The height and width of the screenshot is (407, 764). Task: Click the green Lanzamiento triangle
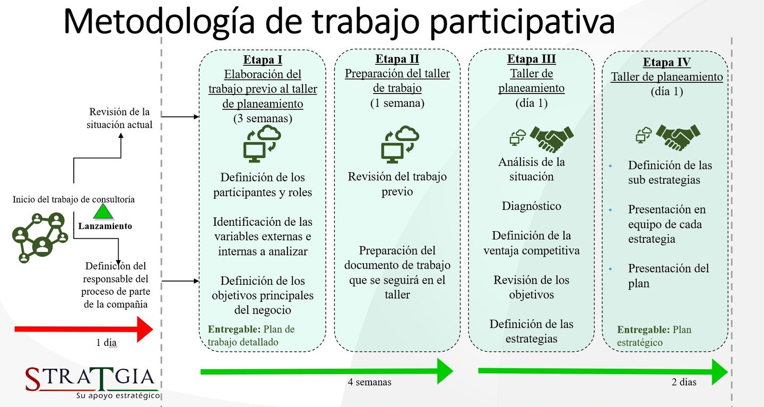coord(104,212)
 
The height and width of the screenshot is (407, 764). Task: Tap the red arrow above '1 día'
coord(83,329)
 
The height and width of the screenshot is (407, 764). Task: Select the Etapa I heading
coord(263,59)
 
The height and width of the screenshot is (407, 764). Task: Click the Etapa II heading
coord(397,59)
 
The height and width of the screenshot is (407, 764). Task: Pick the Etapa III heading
coord(531,59)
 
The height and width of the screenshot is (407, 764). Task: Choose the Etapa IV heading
coord(667,62)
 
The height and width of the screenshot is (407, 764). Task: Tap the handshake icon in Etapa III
coord(552,139)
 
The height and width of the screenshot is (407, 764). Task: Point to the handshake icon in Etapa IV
coord(678,137)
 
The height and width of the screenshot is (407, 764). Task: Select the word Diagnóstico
coord(531,206)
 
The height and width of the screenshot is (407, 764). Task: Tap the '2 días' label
coord(683,382)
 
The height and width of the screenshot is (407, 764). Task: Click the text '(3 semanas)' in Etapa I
coord(263,118)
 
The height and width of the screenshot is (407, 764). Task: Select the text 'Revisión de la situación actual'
coord(120,118)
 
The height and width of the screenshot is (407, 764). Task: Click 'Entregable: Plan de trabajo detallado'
coord(251,336)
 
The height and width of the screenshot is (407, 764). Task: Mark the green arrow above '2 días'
coord(603,371)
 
